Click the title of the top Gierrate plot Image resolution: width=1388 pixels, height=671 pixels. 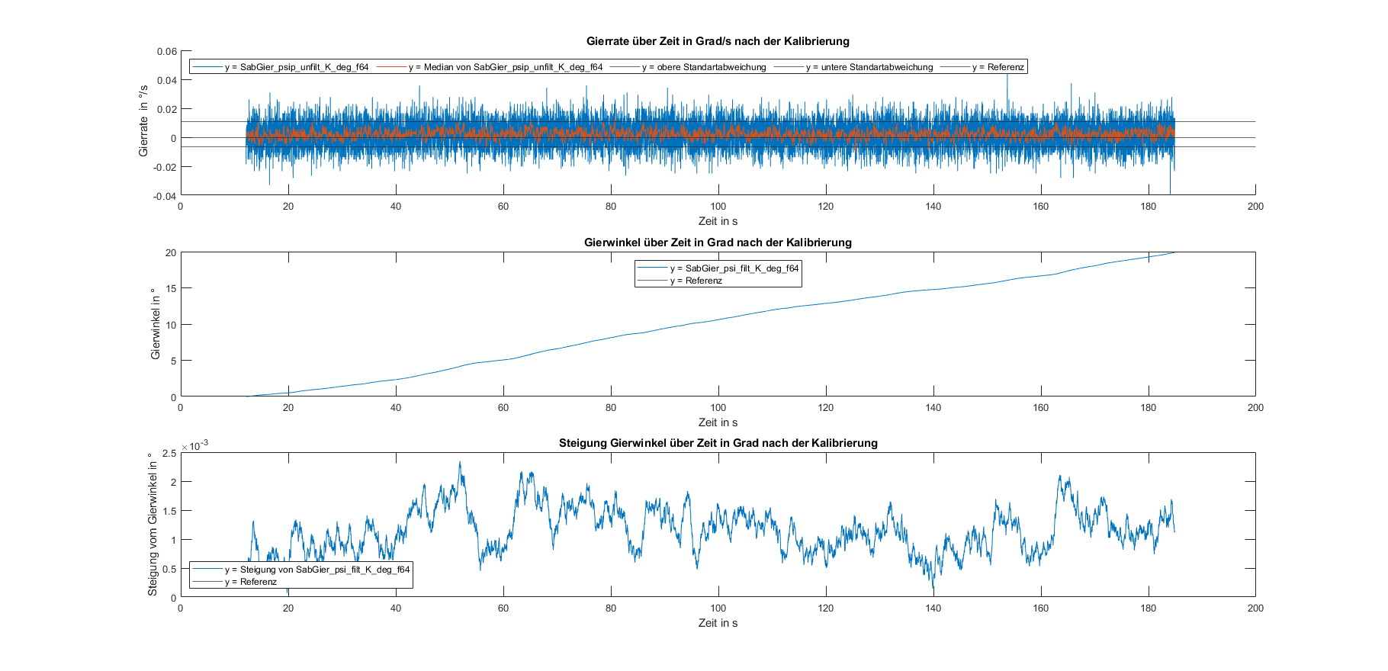(718, 41)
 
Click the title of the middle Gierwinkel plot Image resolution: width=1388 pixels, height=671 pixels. (718, 242)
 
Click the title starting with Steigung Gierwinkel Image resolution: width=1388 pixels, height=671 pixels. (718, 443)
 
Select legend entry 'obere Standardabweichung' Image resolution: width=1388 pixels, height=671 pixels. (703, 67)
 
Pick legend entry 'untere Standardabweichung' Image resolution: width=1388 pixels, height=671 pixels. (869, 67)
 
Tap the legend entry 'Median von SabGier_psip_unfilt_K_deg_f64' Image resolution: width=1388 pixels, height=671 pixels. (505, 67)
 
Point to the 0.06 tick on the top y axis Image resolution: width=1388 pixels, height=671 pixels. (167, 52)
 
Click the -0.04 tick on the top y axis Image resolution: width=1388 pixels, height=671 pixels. (165, 196)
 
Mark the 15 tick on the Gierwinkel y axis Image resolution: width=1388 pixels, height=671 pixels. (171, 289)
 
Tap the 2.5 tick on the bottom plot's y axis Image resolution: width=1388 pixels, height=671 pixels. (169, 454)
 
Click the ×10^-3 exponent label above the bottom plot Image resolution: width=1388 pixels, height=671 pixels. (195, 446)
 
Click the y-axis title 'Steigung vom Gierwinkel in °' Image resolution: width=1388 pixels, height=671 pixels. (153, 525)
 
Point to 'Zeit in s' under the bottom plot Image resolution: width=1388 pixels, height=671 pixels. (718, 623)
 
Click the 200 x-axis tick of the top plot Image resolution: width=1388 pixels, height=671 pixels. (1255, 207)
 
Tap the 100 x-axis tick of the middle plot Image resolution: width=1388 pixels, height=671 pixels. (718, 408)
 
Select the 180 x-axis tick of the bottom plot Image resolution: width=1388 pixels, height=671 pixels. (1148, 608)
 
